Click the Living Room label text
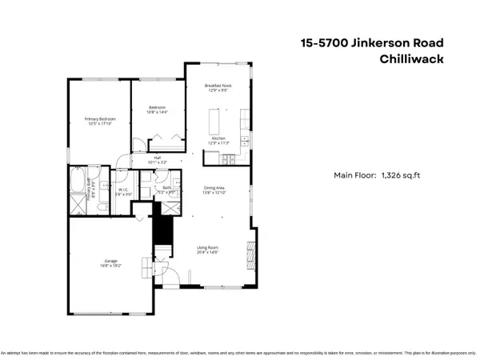pos(208,247)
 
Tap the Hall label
pos(158,157)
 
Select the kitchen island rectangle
pos(214,122)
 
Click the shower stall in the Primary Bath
pos(77,205)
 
